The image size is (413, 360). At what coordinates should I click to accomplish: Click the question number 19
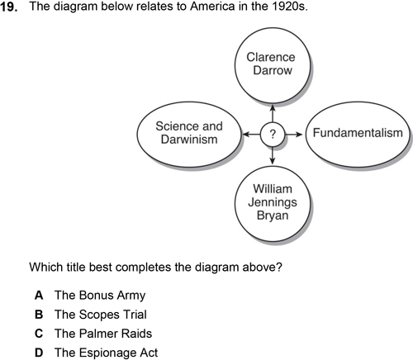tap(8, 7)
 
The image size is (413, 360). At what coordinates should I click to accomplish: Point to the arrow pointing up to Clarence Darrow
tap(273, 113)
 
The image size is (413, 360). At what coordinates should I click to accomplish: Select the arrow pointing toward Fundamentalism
tap(294, 135)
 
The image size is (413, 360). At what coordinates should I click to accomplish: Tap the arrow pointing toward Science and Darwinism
tap(252, 135)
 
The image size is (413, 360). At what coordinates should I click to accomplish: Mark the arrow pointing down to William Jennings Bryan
tap(273, 155)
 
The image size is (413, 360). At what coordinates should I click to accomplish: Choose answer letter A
tap(39, 296)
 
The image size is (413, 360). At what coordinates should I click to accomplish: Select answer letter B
tap(39, 315)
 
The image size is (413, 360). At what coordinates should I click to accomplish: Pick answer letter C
tap(39, 334)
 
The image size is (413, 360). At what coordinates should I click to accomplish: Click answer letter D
tap(39, 353)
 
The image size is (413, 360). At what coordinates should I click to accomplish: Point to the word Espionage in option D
tap(107, 353)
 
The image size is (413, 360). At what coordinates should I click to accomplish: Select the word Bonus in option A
tap(96, 296)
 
